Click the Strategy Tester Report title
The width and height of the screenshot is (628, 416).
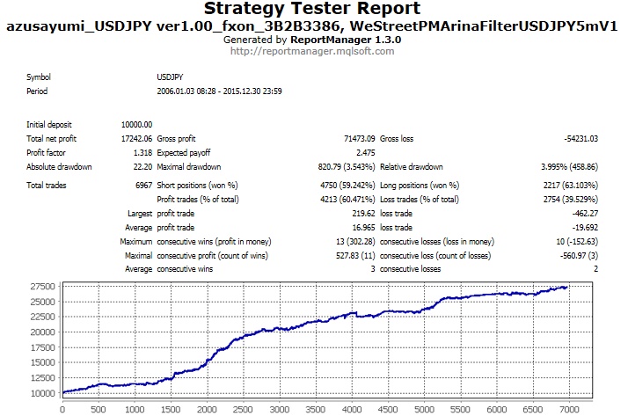(x=314, y=10)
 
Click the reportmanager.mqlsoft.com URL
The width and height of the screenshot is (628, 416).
(x=312, y=51)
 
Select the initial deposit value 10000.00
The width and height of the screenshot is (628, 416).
(x=137, y=125)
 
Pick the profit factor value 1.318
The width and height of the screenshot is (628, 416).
(x=142, y=152)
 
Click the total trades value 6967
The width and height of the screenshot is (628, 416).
(x=142, y=186)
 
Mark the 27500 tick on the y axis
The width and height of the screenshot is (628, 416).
(x=40, y=288)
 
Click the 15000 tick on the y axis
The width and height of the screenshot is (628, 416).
(x=40, y=361)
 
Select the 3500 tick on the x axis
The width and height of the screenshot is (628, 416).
(x=315, y=409)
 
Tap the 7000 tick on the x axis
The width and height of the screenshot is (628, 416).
(x=568, y=409)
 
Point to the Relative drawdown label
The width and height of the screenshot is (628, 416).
(x=412, y=166)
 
